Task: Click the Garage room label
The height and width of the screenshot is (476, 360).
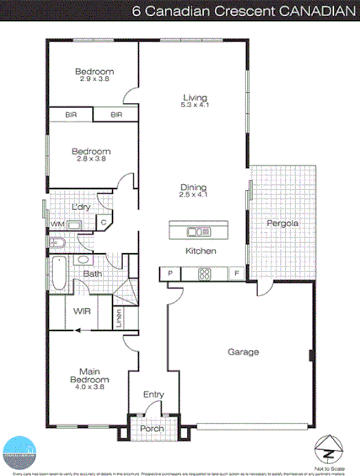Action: pyautogui.click(x=243, y=352)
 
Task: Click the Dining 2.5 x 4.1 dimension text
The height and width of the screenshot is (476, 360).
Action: pyautogui.click(x=194, y=195)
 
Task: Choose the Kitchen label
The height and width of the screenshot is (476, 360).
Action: pyautogui.click(x=201, y=252)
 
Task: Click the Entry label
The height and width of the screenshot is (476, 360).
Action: pyautogui.click(x=153, y=394)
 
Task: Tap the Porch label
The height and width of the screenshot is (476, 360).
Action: pyautogui.click(x=153, y=429)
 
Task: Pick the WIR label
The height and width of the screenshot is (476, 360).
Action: pyautogui.click(x=83, y=311)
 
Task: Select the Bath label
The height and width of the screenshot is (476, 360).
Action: pyautogui.click(x=93, y=273)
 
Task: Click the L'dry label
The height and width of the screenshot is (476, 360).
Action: pyautogui.click(x=81, y=207)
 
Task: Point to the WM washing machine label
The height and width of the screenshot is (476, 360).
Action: pyautogui.click(x=56, y=224)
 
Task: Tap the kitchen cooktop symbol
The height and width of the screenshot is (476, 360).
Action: pyautogui.click(x=203, y=273)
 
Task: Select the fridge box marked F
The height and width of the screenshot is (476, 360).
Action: pyautogui.click(x=237, y=273)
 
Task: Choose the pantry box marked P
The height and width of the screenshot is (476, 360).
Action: pyautogui.click(x=170, y=273)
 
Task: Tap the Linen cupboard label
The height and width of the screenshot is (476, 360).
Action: pyautogui.click(x=119, y=318)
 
